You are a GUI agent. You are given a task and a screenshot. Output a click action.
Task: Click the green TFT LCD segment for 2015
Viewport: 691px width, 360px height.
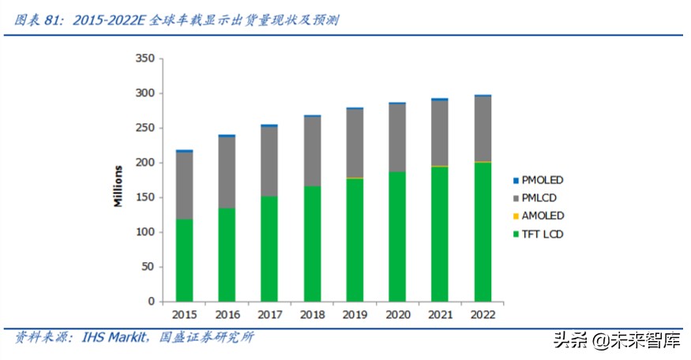pos(184,260)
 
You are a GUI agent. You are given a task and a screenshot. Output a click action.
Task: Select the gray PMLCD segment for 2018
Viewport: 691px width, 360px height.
pos(312,151)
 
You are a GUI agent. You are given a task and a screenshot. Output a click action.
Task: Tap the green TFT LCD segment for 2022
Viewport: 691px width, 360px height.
pos(482,231)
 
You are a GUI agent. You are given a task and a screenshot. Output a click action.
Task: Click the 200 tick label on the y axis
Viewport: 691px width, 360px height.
pos(145,163)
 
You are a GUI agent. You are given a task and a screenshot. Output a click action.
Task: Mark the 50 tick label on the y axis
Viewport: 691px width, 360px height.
pos(148,267)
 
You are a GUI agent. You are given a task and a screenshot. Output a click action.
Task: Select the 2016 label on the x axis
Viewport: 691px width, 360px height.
pos(227,314)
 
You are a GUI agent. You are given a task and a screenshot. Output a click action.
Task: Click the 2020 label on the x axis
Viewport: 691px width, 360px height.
pos(396,314)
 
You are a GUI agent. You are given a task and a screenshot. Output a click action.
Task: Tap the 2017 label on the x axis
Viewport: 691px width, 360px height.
pos(269,314)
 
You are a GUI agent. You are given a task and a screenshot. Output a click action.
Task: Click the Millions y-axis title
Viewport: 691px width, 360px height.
pos(118,186)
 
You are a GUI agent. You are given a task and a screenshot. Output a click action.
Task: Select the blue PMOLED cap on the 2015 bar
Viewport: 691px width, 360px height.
pos(184,150)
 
